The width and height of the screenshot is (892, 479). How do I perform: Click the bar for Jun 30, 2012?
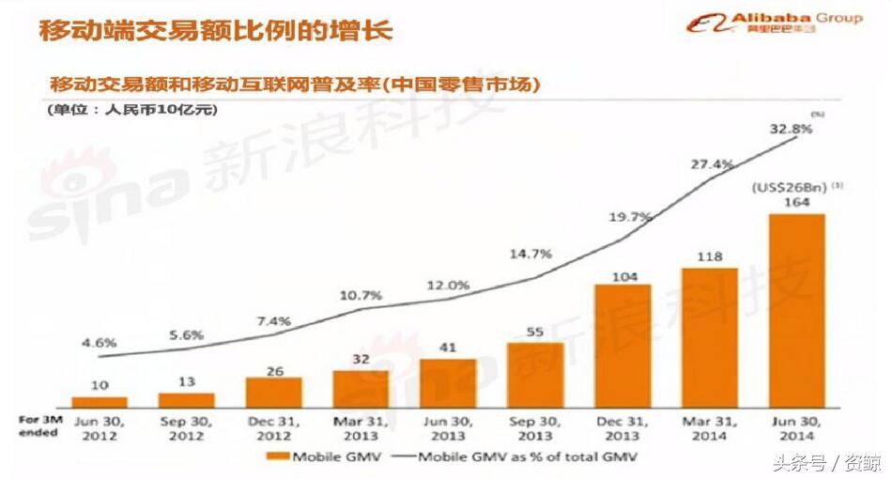(x=100, y=401)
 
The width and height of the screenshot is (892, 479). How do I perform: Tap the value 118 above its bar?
(x=710, y=256)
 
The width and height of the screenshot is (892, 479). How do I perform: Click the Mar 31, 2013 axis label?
(x=361, y=427)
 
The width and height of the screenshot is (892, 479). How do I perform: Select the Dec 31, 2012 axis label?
(x=273, y=427)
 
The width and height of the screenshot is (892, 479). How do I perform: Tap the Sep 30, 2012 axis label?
(x=186, y=427)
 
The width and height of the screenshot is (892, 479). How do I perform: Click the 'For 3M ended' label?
(x=38, y=426)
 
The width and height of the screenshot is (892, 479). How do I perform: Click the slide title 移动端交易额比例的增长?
(x=215, y=29)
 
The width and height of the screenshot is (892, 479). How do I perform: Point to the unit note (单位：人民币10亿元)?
(x=131, y=110)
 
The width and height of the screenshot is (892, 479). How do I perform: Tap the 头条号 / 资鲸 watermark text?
(x=826, y=462)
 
